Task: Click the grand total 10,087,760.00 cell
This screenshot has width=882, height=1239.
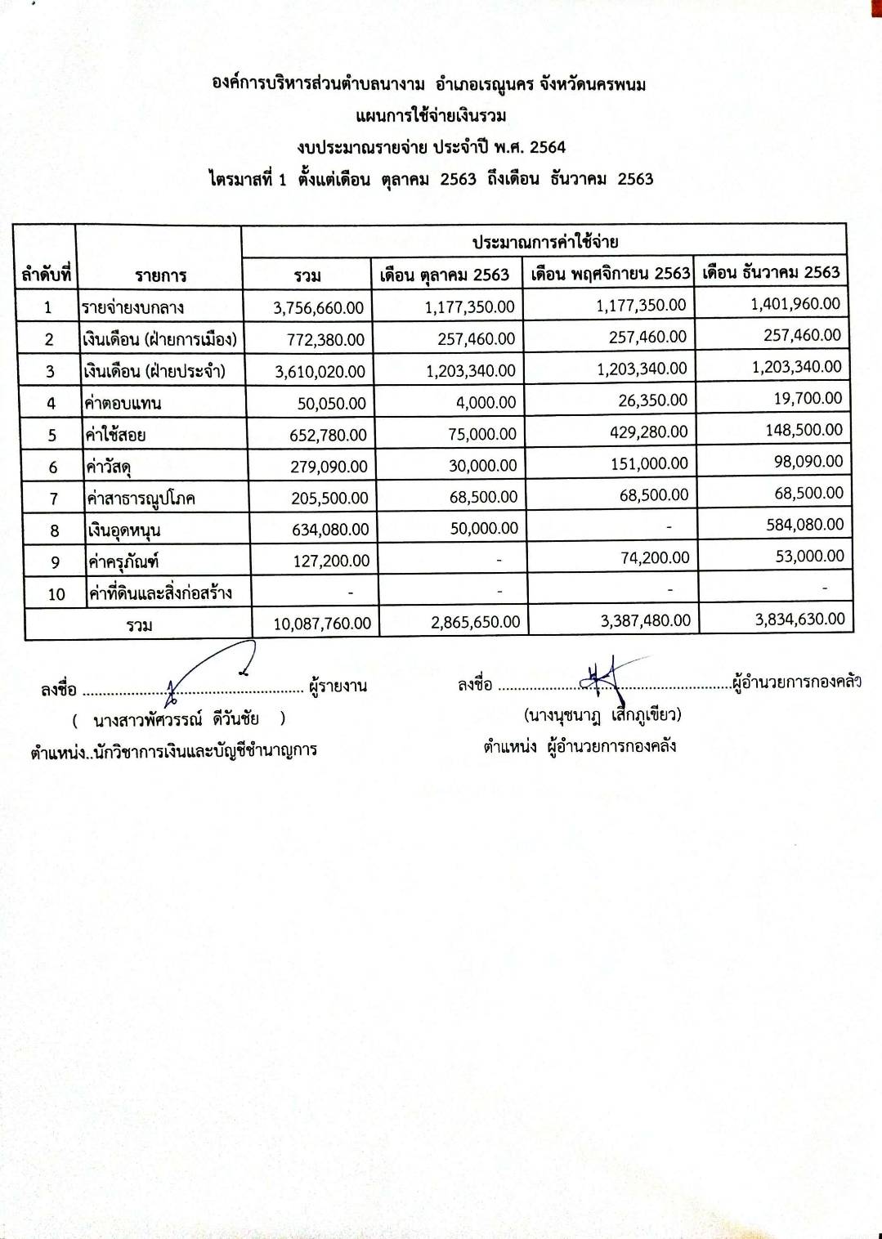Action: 322,624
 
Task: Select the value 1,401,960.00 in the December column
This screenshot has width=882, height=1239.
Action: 795,304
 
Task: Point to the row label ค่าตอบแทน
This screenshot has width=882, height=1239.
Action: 123,403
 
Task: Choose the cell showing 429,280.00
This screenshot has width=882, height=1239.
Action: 648,432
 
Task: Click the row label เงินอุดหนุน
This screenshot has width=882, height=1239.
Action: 124,530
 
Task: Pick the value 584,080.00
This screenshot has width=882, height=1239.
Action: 804,525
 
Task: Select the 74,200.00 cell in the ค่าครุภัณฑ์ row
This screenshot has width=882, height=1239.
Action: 655,558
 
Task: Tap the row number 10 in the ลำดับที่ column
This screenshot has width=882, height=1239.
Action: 56,594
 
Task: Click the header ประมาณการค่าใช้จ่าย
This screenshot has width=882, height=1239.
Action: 544,242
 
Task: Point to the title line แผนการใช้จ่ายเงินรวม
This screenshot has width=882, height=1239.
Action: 431,115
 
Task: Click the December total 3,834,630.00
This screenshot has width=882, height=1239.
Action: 799,619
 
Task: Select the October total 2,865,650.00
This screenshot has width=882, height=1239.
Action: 475,622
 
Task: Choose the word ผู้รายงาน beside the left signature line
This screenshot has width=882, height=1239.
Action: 338,687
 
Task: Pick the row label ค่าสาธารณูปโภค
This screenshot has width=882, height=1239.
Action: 141,499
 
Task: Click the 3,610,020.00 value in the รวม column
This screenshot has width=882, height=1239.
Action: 320,372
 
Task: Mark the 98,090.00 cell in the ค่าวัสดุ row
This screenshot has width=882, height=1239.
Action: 808,462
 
